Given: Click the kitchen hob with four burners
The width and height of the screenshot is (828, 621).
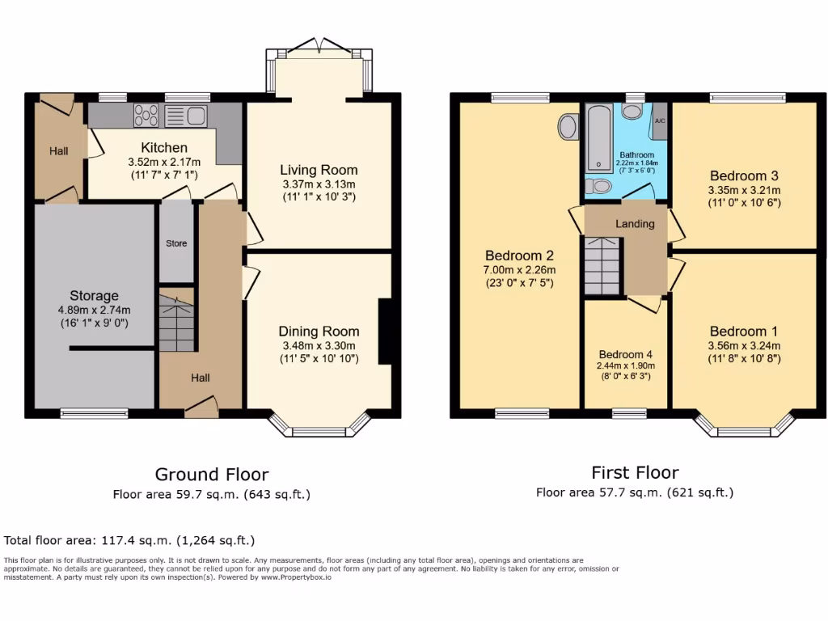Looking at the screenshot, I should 146,116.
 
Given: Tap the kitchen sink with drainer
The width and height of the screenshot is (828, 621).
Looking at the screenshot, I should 186,116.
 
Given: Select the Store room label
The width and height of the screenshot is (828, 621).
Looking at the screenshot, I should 176,243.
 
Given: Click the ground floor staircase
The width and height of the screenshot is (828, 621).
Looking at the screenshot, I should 176,323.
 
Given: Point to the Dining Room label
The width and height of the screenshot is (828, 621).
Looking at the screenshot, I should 319,332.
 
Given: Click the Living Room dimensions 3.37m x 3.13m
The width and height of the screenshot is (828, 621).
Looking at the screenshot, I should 319,184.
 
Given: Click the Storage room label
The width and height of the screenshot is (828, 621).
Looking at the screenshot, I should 94,296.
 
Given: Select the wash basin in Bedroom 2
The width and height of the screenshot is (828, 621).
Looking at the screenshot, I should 568,126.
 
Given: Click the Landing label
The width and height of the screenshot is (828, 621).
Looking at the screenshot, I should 635,224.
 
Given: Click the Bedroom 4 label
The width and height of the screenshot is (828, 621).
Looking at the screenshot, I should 625,354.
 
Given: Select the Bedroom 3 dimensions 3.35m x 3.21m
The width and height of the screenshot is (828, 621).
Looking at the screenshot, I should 745,191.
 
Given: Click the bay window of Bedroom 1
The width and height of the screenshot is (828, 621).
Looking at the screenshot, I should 744,427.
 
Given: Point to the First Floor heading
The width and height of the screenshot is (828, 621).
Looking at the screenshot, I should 635,472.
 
